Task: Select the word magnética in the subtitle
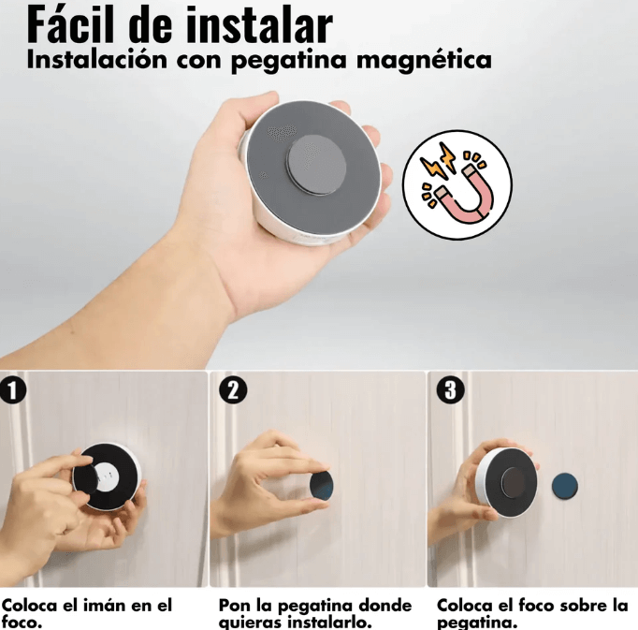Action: click(424, 61)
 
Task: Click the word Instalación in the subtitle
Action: click(97, 59)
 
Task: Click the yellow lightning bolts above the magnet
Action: click(438, 161)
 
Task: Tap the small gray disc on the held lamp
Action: click(316, 166)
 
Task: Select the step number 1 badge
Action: click(12, 390)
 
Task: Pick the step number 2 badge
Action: click(233, 389)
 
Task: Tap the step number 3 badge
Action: click(450, 389)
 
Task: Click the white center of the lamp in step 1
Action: click(108, 476)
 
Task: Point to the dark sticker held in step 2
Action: click(322, 487)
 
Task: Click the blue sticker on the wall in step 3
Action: click(565, 486)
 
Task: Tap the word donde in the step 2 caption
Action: click(382, 606)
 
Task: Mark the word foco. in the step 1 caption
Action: click(22, 623)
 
